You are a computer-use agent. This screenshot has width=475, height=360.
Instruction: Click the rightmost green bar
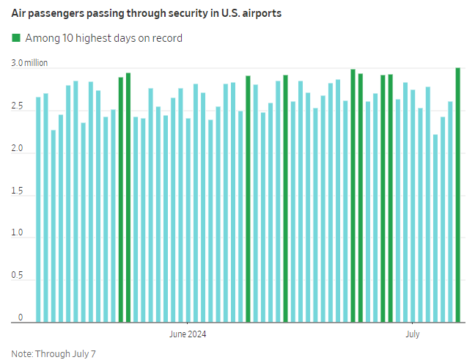458,195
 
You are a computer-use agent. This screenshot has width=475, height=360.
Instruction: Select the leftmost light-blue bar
38,210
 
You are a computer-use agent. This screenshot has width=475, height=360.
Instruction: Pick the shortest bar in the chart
435,228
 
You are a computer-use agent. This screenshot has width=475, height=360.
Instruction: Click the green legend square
16,37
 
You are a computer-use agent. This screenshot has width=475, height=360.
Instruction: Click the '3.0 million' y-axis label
29,63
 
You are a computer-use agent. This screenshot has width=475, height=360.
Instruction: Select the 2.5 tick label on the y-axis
17,107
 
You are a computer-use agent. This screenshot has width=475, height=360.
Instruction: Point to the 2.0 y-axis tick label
17,150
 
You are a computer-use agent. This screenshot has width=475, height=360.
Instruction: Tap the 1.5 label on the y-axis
17,192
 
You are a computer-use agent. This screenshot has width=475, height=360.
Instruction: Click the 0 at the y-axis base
21,317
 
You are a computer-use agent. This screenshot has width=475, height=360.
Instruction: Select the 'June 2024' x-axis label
188,334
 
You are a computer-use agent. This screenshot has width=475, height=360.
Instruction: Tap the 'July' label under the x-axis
413,334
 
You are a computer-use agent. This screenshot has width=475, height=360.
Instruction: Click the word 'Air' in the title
18,13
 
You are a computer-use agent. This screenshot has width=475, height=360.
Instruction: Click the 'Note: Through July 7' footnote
54,353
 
